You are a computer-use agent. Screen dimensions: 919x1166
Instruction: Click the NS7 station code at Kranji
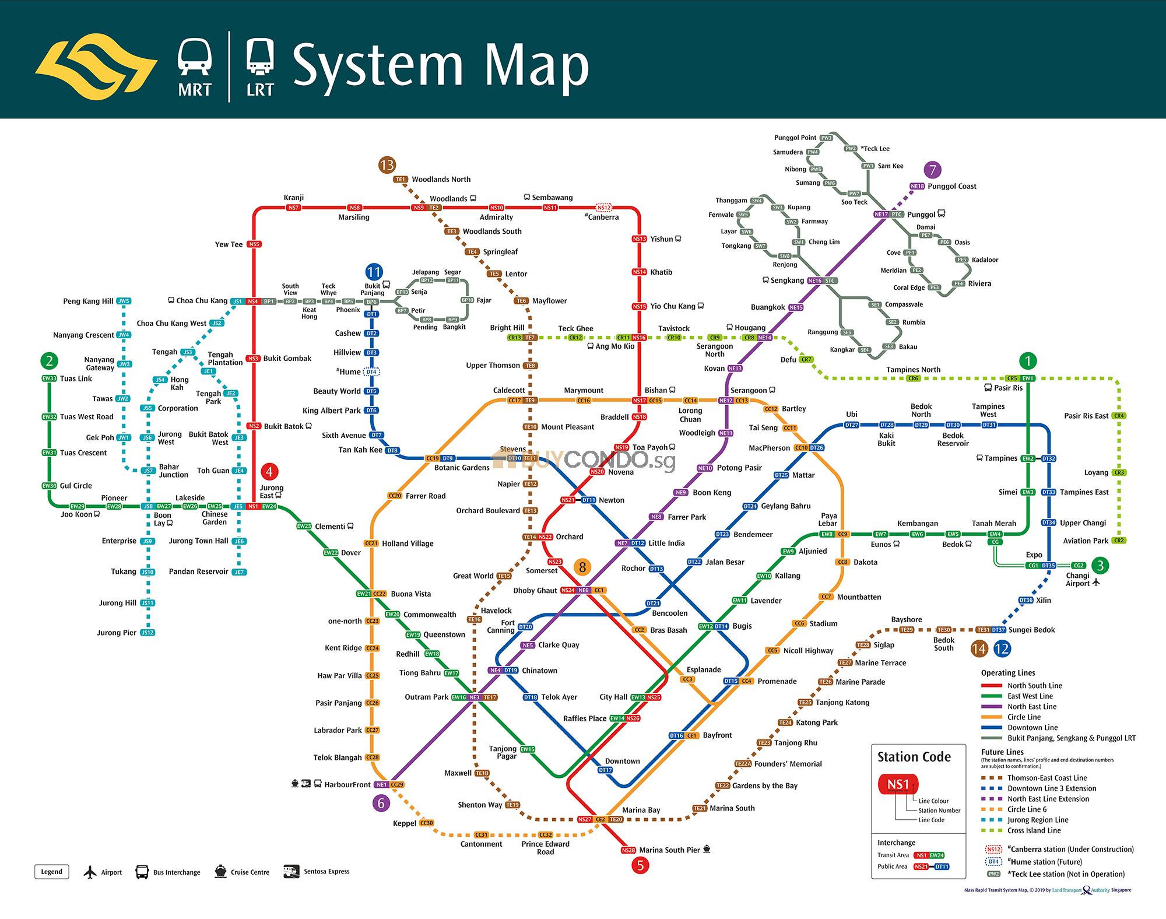pos(293,208)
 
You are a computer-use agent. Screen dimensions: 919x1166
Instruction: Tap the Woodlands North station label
pos(441,180)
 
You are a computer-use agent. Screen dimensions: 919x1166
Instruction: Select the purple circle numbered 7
pos(933,170)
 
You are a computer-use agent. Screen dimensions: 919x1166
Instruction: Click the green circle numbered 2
pos(50,360)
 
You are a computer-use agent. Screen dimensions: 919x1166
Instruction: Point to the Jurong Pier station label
pos(117,633)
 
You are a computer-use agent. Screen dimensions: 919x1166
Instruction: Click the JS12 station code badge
pos(148,633)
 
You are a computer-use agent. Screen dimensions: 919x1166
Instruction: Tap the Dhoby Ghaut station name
pos(535,591)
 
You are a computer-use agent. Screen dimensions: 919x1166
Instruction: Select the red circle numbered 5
pos(640,865)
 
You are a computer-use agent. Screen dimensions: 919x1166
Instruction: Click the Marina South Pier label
pos(669,850)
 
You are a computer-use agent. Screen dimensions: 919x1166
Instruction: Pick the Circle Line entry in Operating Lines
pos(1024,717)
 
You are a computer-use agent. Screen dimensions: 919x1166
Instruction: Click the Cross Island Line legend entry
pos(1034,830)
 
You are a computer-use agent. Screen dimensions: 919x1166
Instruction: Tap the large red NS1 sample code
pos(898,784)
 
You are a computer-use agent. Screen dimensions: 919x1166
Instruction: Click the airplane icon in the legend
pos(90,872)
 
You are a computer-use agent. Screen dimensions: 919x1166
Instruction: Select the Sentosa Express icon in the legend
pos(291,872)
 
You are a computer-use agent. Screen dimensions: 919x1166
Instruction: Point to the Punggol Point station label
pos(795,138)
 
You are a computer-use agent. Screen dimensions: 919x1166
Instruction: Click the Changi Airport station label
pos(1077,580)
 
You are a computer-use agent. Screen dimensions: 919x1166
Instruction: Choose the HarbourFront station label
pos(347,785)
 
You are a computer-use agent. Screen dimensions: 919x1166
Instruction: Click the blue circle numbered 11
pos(374,272)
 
